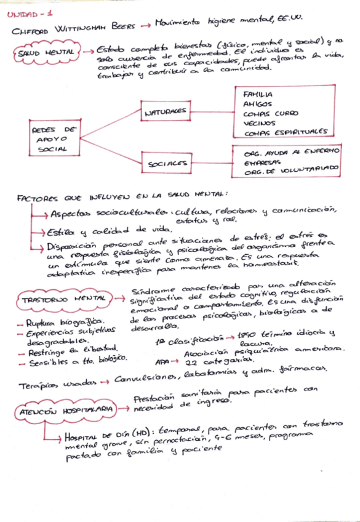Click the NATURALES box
pos(166,111)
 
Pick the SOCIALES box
pos(167,163)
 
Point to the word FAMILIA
pos(258,94)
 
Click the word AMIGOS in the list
pos(258,104)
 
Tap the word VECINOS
pos(259,123)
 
